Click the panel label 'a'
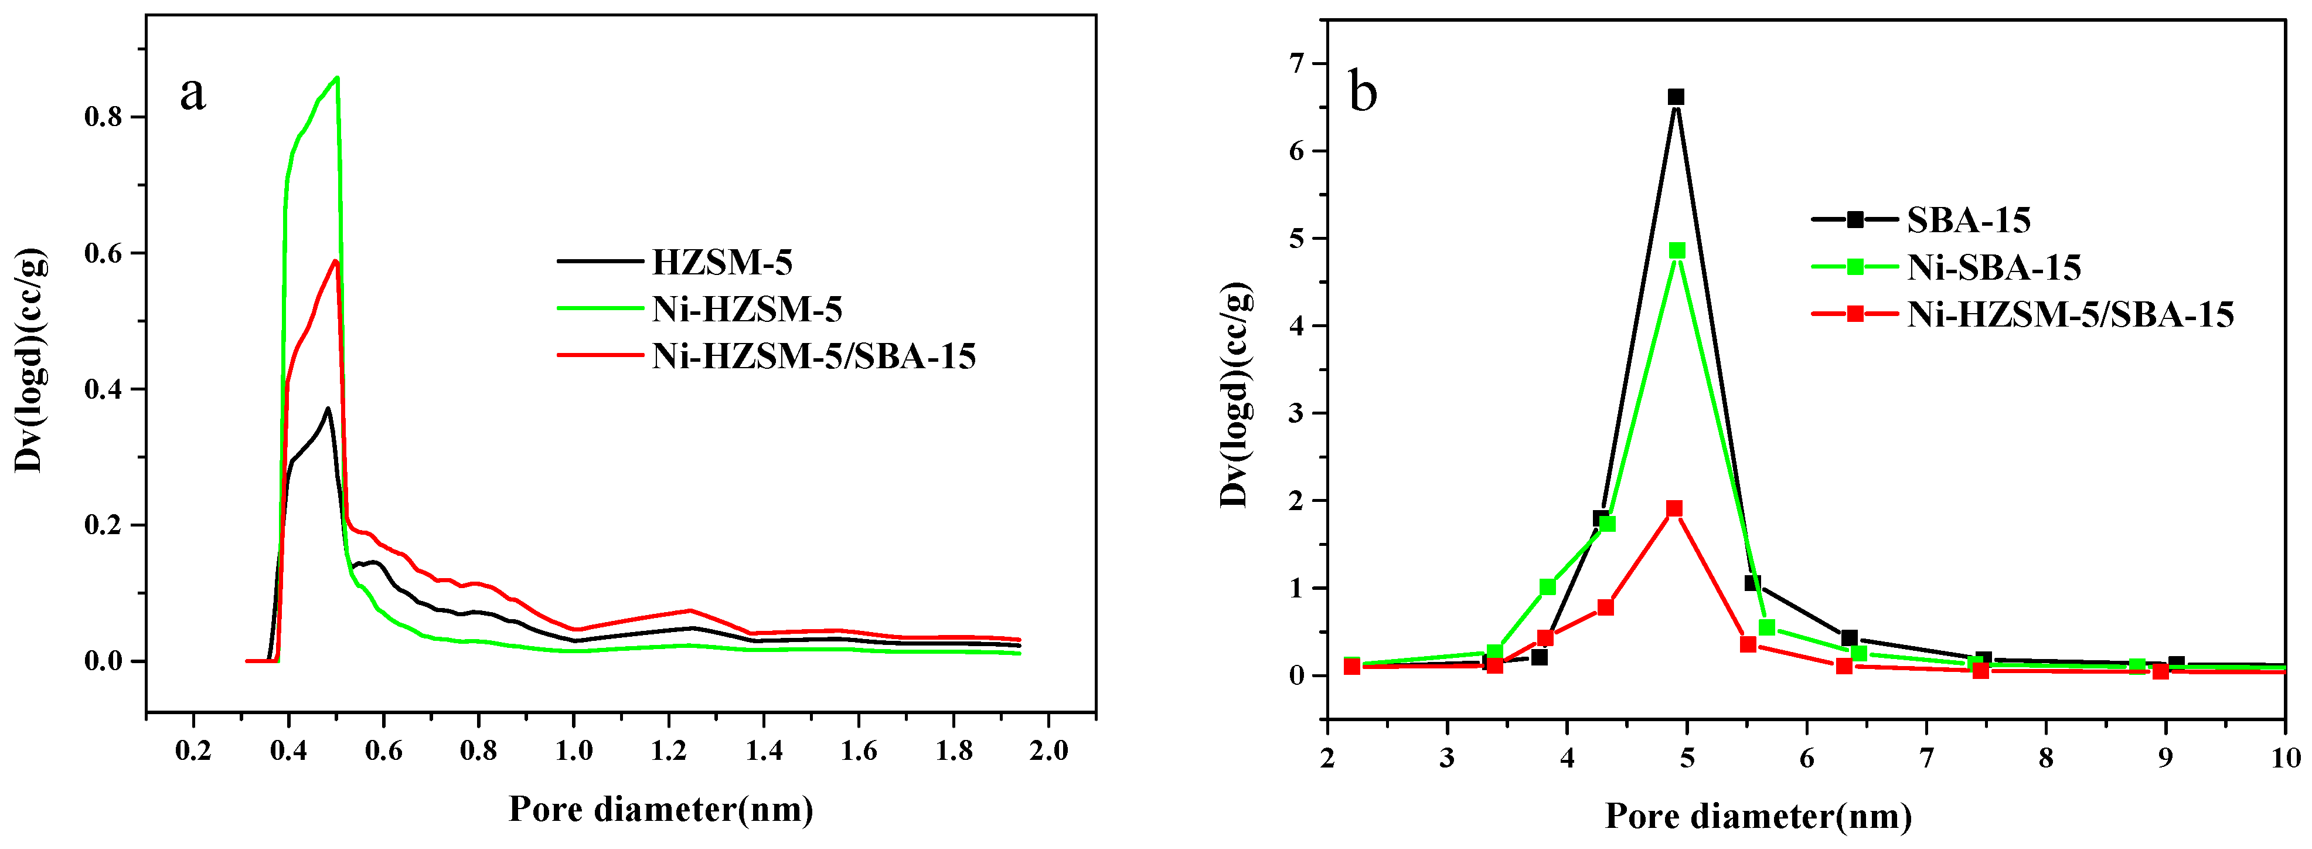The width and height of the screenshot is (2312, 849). tap(193, 93)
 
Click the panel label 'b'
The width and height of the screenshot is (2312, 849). tap(1363, 93)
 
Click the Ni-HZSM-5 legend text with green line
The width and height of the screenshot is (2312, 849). tap(747, 309)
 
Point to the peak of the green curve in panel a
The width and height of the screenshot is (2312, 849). tap(336, 78)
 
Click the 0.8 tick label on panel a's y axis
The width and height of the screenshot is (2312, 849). tap(104, 118)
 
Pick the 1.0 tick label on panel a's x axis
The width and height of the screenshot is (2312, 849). tap(574, 750)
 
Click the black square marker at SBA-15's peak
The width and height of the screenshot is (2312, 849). tap(1676, 97)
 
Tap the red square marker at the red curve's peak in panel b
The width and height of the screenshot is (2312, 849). tap(1674, 509)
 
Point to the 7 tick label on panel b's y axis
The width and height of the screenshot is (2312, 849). tap(1295, 64)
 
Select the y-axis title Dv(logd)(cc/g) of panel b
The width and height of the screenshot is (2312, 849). tap(1235, 395)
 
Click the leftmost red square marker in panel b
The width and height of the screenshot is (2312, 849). tap(1351, 666)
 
